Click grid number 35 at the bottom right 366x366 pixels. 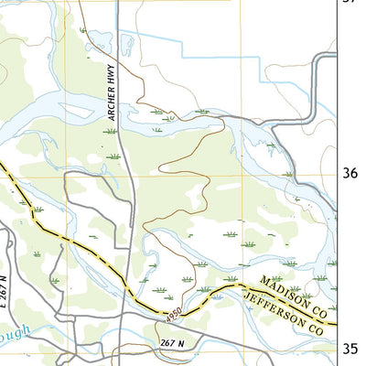350,349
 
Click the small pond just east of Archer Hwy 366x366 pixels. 128,45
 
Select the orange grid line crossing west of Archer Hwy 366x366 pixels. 66,175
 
